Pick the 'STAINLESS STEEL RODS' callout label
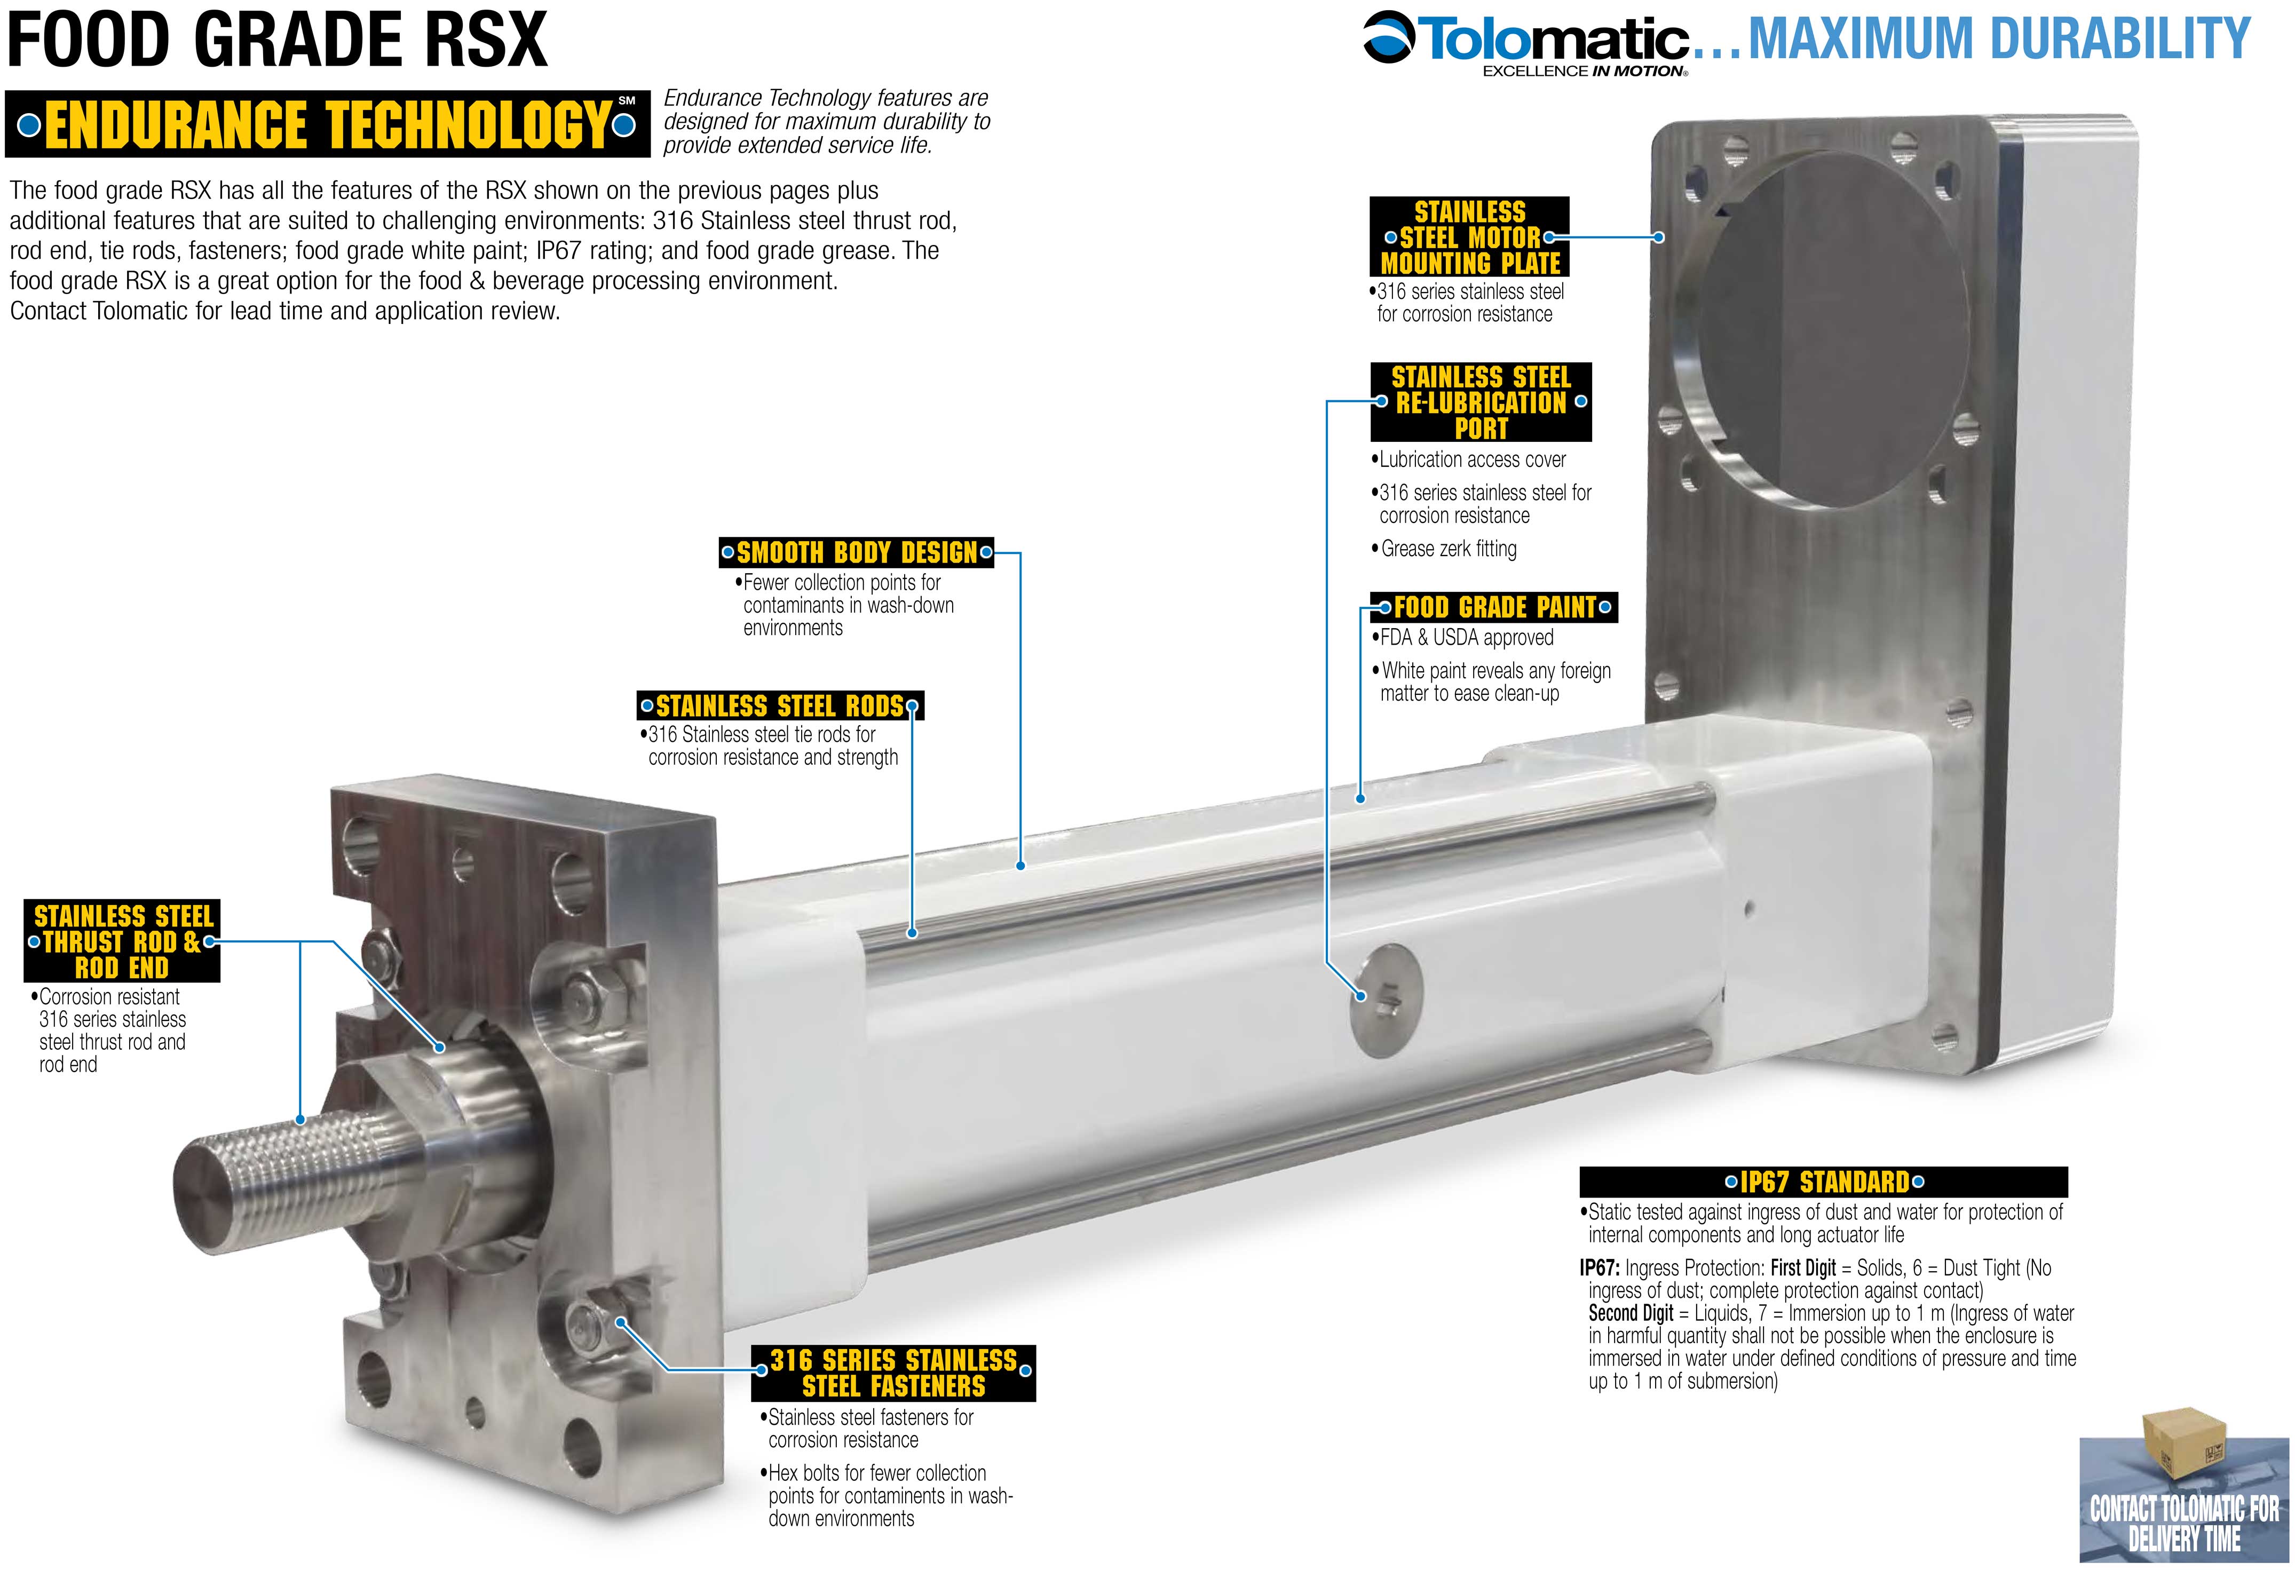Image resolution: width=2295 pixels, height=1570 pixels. click(780, 706)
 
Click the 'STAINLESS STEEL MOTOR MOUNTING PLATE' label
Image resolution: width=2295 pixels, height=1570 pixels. click(1469, 237)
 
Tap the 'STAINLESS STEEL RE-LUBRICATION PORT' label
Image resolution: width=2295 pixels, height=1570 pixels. click(1481, 402)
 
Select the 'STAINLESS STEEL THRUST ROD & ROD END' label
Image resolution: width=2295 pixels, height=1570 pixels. click(122, 941)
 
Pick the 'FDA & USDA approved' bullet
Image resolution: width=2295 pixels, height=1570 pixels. click(1463, 638)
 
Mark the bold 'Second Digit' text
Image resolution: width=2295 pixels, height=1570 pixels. click(1631, 1313)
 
